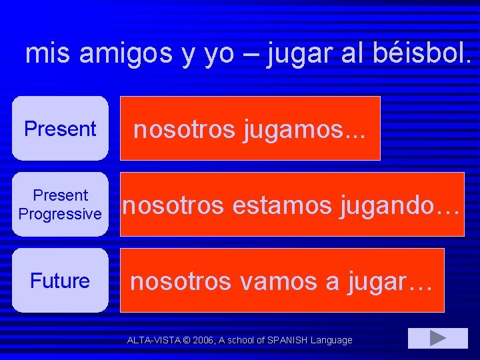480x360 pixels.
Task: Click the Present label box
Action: point(60,129)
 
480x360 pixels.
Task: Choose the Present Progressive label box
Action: point(60,205)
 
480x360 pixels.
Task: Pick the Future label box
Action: point(60,281)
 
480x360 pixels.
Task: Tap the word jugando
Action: point(399,206)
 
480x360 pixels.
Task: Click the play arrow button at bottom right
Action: point(437,338)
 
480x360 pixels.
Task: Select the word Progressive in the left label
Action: point(60,214)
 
